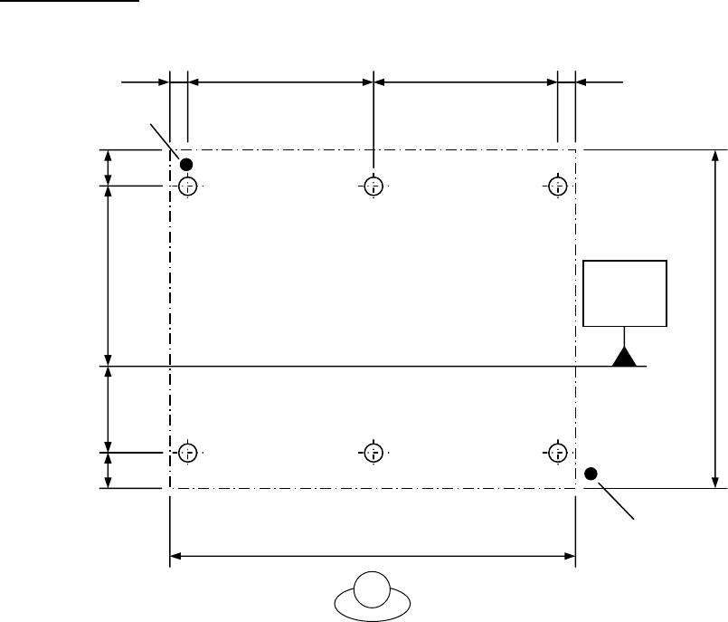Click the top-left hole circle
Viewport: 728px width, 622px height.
187,187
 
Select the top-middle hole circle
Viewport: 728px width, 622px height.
373,187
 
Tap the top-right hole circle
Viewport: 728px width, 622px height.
558,187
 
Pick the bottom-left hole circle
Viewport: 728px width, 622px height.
187,452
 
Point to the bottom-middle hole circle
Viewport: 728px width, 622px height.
373,452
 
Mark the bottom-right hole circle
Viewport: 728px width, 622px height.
558,452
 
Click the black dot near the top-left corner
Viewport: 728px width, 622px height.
186,164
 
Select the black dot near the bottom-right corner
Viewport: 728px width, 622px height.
591,473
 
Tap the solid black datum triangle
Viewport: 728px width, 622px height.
624,356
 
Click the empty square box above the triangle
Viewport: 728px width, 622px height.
625,292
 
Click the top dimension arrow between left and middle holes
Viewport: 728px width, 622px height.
280,81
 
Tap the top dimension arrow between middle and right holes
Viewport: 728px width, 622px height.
466,81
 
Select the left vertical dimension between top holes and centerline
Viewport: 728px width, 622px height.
109,275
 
